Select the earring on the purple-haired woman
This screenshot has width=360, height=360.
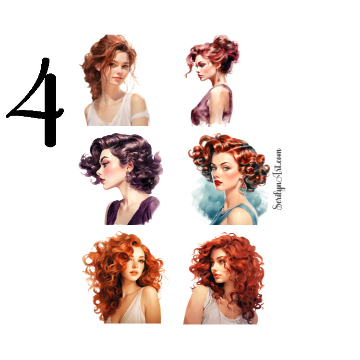129,176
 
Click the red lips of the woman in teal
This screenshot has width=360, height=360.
219,182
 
